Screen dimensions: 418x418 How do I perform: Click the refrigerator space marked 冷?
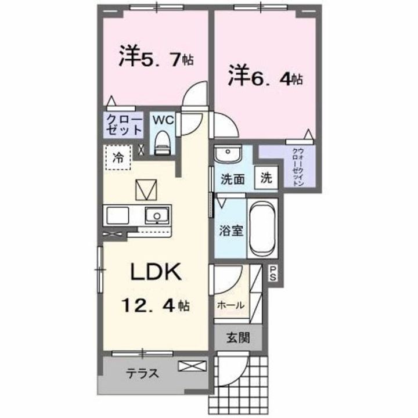coord(118,156)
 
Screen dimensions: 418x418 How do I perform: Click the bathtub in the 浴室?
coord(262,229)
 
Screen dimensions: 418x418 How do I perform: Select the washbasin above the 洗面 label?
coord(228,155)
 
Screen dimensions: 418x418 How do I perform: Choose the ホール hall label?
coord(230,305)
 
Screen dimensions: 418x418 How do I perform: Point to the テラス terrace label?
coord(143,373)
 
